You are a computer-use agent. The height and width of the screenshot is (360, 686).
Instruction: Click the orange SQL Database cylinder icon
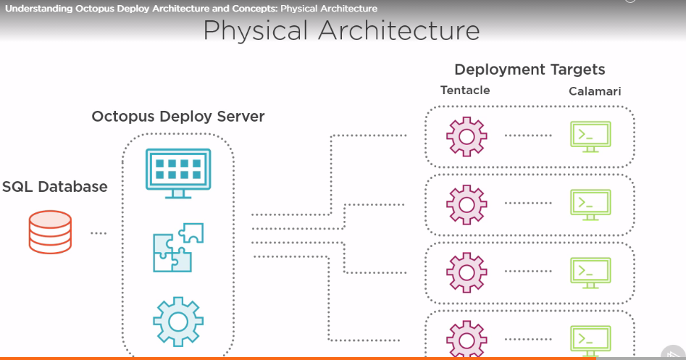coord(50,231)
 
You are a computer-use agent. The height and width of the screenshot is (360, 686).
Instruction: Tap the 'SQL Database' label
coord(54,187)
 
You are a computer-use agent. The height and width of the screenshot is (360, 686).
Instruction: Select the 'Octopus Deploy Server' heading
coord(178,117)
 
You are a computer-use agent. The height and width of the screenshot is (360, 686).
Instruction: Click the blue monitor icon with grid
coord(177,172)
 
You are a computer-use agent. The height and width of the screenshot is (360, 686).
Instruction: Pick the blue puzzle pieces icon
coord(177,247)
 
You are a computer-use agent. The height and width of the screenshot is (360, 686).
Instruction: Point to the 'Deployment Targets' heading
coord(530,70)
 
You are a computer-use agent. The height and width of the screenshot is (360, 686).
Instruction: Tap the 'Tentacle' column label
coord(465,91)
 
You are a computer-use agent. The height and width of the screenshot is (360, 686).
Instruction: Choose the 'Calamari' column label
coord(595,91)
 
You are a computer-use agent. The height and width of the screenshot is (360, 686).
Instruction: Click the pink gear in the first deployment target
coord(467,135)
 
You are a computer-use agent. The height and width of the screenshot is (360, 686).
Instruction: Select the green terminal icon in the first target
coord(590,135)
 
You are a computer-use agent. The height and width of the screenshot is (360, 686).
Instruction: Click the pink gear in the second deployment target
coord(467,204)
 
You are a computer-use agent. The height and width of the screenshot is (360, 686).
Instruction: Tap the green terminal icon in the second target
coord(590,204)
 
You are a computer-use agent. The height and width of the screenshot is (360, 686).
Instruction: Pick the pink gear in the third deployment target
coord(467,272)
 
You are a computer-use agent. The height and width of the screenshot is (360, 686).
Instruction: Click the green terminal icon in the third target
coord(590,272)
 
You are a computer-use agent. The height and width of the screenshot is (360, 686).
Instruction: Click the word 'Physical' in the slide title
coord(256,31)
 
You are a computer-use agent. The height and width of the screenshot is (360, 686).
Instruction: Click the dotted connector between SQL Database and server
coord(99,233)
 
